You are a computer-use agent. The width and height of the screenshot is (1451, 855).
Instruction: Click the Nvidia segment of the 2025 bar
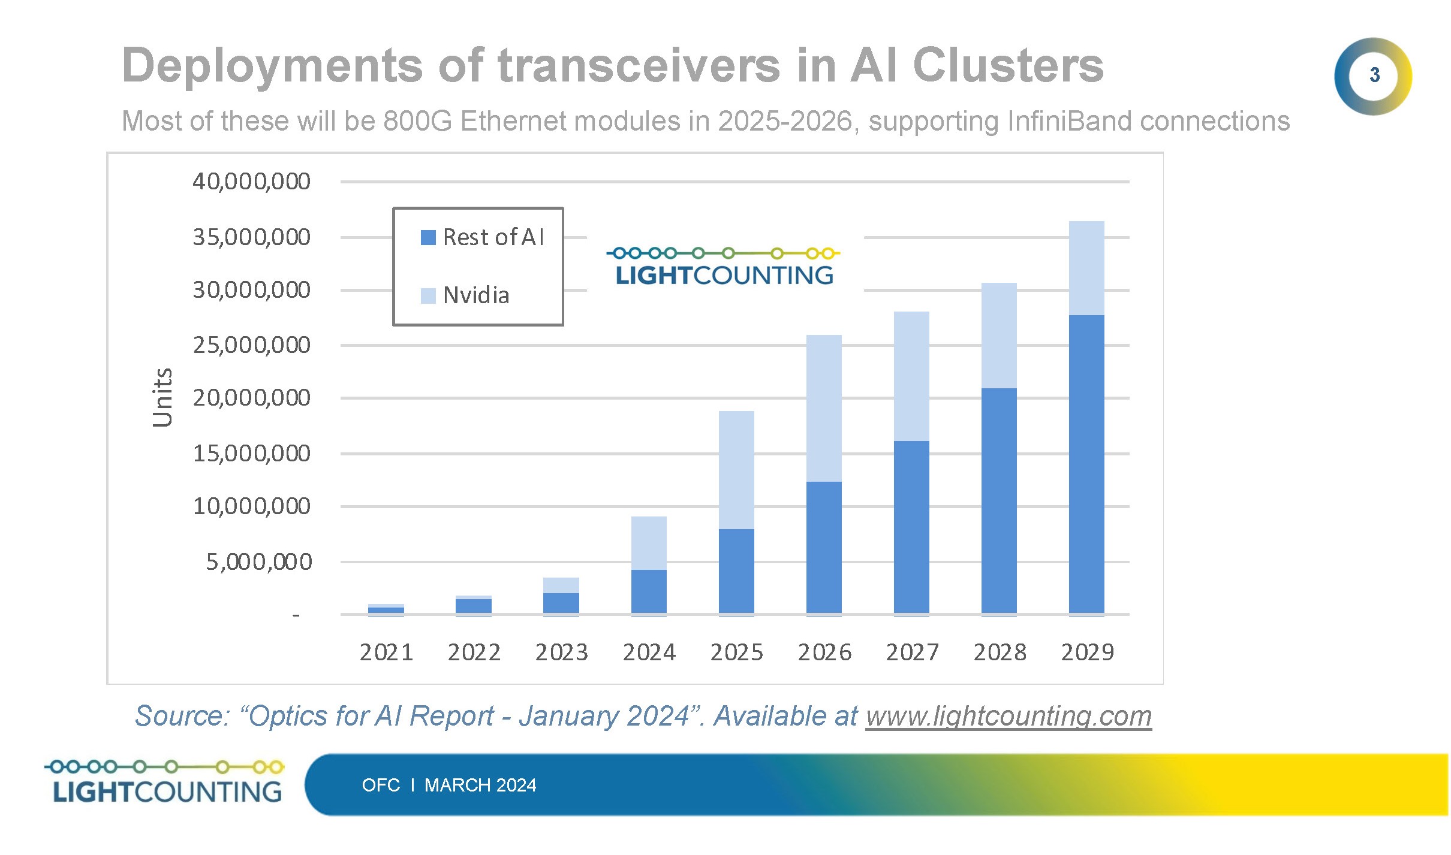tap(736, 470)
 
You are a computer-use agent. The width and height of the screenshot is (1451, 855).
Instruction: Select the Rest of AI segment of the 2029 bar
tap(1086, 464)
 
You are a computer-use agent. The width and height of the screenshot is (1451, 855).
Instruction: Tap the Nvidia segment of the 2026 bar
tap(823, 408)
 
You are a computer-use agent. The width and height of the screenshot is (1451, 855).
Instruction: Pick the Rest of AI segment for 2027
tap(911, 527)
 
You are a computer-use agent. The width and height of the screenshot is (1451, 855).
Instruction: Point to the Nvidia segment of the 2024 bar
tap(648, 543)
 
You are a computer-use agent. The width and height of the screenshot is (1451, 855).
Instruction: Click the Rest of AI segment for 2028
tap(998, 501)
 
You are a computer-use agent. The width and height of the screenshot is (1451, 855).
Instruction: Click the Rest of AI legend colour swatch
tap(428, 238)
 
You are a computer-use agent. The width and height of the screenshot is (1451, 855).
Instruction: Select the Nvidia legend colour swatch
tap(428, 296)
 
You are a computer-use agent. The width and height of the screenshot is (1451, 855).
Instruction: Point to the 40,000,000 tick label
tap(251, 182)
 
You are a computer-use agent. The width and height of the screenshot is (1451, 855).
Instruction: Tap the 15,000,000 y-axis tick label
tap(251, 454)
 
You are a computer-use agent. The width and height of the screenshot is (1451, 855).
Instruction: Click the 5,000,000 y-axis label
tap(258, 562)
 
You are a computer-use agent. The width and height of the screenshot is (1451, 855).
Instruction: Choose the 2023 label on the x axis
tap(561, 652)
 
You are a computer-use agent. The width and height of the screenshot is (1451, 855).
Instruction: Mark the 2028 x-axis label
tap(1000, 652)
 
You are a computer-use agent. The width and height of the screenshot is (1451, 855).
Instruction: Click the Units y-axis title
tap(162, 397)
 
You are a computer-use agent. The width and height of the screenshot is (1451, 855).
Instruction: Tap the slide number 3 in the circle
tap(1374, 75)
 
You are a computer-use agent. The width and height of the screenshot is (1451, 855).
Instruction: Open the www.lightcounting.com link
tap(1009, 716)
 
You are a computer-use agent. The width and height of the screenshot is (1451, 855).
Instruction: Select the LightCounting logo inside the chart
tap(724, 267)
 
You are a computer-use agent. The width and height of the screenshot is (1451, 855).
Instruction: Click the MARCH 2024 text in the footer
tap(480, 785)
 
